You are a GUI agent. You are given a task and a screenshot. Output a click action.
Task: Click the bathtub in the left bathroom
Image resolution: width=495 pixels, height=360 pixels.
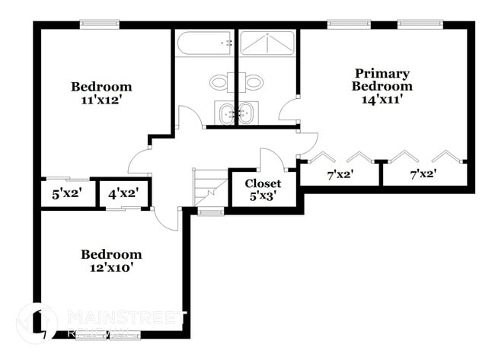pyautogui.click(x=204, y=43)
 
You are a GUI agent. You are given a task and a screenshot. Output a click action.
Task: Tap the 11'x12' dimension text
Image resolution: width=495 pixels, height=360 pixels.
pyautogui.click(x=101, y=99)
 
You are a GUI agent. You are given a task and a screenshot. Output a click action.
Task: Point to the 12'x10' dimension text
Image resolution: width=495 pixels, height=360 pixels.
pyautogui.click(x=111, y=267)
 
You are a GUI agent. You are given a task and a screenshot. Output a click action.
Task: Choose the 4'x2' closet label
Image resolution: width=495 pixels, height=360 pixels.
pyautogui.click(x=123, y=193)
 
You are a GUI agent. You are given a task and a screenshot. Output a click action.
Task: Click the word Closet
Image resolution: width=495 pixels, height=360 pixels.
pyautogui.click(x=263, y=183)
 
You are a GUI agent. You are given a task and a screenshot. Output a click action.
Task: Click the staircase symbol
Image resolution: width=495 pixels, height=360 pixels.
pyautogui.click(x=210, y=187)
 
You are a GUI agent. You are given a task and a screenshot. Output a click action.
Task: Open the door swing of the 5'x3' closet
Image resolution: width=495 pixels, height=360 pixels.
pyautogui.click(x=271, y=160)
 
